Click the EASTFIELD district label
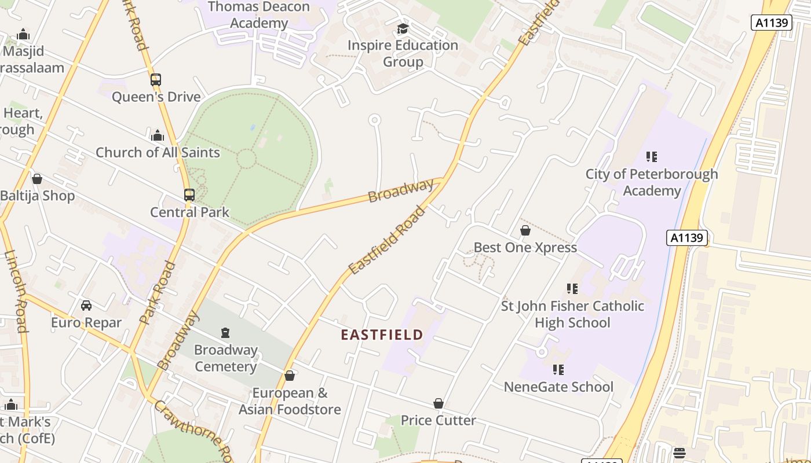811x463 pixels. coord(382,335)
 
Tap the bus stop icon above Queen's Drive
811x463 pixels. coord(155,80)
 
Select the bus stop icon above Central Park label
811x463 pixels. coord(189,195)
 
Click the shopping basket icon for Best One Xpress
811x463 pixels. coord(525,230)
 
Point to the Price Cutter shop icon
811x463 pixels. coord(439,403)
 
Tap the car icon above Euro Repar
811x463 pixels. coord(86,306)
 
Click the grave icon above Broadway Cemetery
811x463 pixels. coord(225,333)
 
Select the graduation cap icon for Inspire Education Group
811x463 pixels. coord(403,28)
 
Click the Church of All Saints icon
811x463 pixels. coord(157,136)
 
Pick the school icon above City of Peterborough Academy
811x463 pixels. coord(652,157)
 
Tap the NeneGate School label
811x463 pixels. coord(558,387)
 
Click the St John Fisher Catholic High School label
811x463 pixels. coord(572,314)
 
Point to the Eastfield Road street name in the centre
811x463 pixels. coord(386,241)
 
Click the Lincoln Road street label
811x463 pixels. coord(16,291)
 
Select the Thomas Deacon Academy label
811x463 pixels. coord(258,15)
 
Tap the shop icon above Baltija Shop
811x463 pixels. coord(37,179)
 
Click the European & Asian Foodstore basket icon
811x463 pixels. coord(290,376)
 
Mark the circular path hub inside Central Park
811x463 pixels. coord(246,159)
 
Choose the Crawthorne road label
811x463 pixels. coord(191,431)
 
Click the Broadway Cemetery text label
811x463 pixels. coord(225,358)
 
